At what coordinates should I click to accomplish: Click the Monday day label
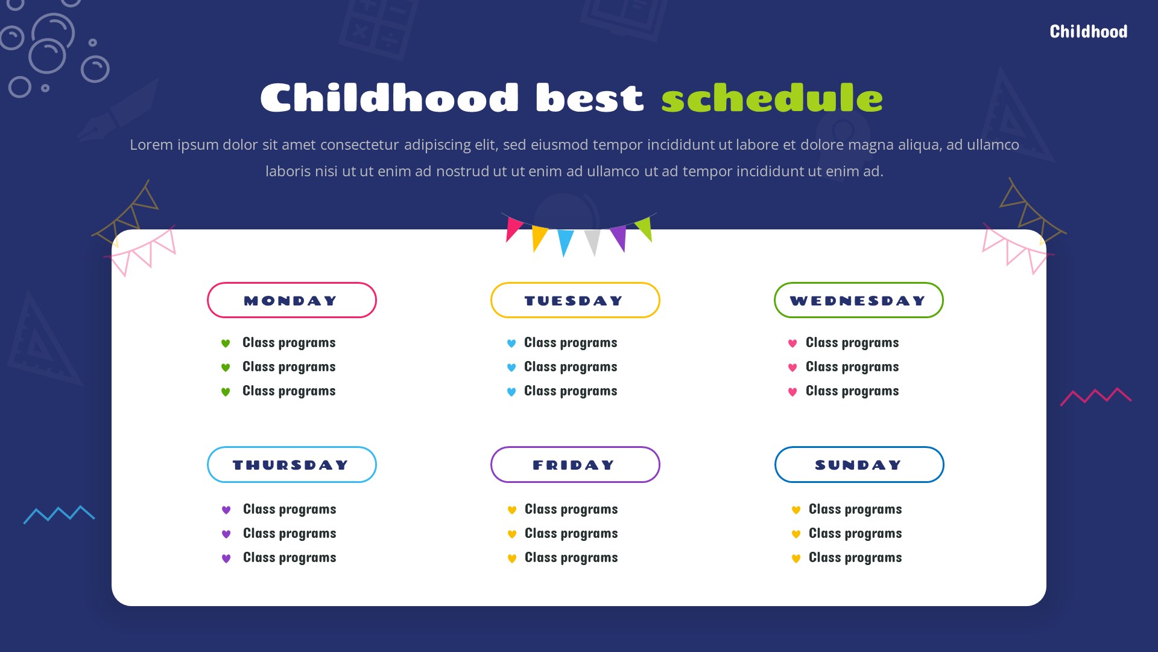tap(291, 300)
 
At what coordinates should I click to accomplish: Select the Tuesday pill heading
tap(575, 300)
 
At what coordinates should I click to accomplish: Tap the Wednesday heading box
tap(858, 300)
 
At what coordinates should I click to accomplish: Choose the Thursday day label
tap(291, 464)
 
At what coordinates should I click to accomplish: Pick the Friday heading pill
tap(575, 464)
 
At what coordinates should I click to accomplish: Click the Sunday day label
tap(859, 464)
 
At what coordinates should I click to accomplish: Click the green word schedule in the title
tap(771, 98)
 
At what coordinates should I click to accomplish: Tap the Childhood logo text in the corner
tap(1088, 31)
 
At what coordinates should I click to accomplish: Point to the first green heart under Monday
tap(226, 344)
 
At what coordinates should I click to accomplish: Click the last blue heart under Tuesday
tap(511, 392)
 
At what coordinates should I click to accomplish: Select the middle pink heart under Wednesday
tap(793, 368)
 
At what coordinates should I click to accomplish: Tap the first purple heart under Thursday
tap(226, 510)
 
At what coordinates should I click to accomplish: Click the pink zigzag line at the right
tap(1095, 396)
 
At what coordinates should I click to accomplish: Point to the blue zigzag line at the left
tap(59, 514)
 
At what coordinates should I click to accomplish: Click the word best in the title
tap(589, 98)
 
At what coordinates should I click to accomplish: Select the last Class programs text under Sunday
tap(855, 558)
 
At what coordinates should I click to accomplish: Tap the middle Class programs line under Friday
tap(571, 534)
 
